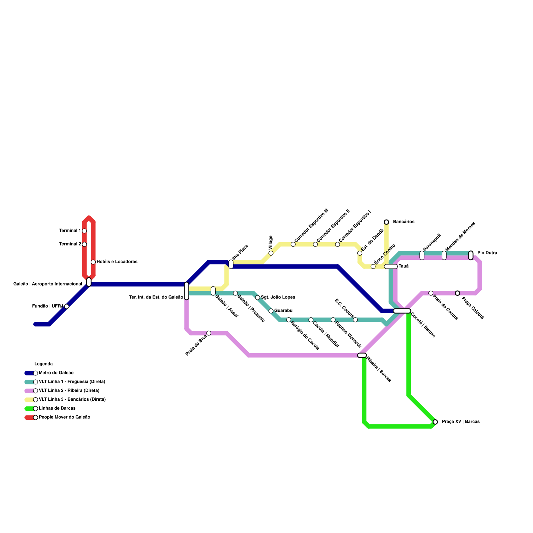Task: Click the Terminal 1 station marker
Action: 84,231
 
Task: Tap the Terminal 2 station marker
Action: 84,244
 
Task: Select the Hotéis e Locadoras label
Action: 117,262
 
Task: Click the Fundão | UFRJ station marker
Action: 67,306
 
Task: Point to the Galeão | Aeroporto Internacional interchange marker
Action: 89,282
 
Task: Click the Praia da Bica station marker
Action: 209,333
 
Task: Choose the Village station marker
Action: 271,253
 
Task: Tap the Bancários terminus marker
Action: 386,222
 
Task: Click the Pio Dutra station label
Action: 487,253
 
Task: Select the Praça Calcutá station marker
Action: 457,293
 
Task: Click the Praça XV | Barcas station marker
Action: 435,422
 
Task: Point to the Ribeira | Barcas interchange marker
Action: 362,355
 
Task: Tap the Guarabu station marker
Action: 271,311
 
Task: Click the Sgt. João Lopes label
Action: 278,297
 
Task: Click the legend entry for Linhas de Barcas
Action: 57,408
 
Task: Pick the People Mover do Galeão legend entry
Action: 64,417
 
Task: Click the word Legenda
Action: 44,364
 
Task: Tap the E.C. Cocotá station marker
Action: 355,320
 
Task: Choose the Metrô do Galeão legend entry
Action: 56,373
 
